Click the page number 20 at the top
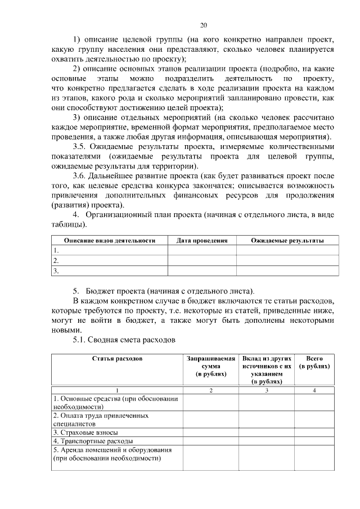(x=204, y=25)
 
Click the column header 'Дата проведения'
(x=202, y=240)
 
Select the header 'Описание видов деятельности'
(x=109, y=240)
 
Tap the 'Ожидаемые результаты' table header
(x=287, y=240)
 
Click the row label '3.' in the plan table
(x=56, y=271)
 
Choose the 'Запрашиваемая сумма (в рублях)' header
(x=210, y=366)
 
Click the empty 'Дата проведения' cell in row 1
(x=202, y=250)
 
